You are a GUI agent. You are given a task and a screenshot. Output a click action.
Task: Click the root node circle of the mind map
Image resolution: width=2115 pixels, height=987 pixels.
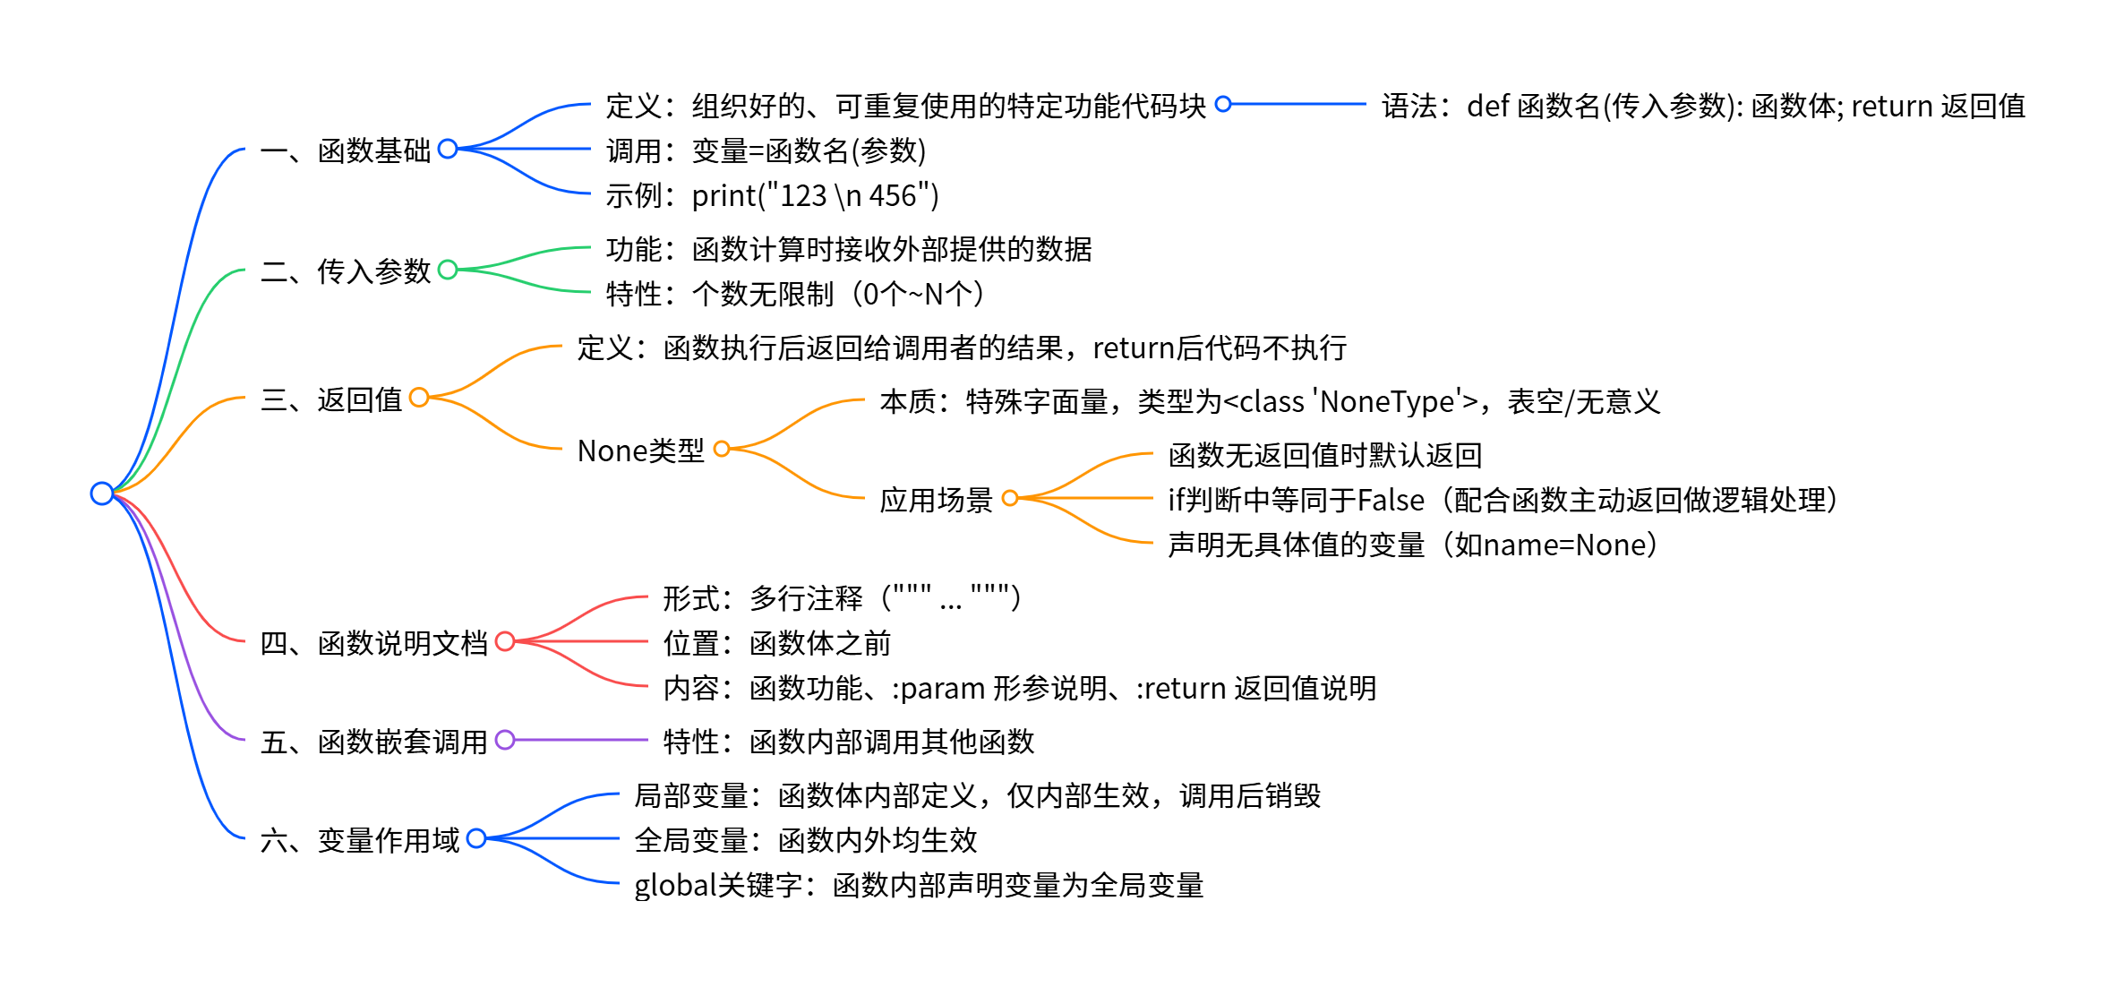click(102, 493)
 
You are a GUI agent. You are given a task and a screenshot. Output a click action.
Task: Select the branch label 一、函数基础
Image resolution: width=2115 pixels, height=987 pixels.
click(346, 150)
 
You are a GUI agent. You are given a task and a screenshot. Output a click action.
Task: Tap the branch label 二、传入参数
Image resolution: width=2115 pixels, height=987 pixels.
click(346, 270)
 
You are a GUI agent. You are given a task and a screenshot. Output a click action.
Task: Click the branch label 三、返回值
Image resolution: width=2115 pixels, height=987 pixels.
click(331, 399)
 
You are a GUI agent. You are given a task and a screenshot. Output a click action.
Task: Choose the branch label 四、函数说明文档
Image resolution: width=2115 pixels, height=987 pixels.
click(373, 643)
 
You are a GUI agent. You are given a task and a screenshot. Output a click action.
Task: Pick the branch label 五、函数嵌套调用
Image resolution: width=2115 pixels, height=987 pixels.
click(373, 742)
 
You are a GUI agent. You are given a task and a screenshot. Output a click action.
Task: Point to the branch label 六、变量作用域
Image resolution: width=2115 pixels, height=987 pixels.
click(359, 840)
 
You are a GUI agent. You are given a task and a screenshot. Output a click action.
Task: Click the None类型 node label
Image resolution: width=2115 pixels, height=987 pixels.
click(640, 451)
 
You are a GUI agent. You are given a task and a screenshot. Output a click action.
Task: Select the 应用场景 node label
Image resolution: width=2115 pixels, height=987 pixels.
click(936, 500)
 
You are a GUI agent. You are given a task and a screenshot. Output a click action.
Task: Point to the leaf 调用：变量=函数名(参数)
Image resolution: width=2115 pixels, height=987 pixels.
click(766, 150)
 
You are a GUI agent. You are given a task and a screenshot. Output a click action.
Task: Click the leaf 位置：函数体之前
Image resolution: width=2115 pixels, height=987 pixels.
click(776, 643)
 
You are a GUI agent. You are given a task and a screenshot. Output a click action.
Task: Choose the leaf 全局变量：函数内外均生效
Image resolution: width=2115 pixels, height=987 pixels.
click(805, 840)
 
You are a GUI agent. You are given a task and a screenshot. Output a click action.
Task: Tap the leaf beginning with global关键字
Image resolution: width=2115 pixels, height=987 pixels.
click(919, 885)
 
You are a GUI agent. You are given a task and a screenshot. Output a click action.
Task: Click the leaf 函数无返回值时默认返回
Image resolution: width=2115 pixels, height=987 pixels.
click(1325, 455)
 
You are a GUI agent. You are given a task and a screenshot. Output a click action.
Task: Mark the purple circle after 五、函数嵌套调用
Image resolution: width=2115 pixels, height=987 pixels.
click(505, 740)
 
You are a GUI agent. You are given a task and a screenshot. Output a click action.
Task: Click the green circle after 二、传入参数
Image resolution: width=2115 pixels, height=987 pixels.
click(448, 270)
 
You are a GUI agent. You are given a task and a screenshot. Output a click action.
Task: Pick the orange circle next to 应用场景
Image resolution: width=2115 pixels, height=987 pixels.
click(1010, 498)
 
